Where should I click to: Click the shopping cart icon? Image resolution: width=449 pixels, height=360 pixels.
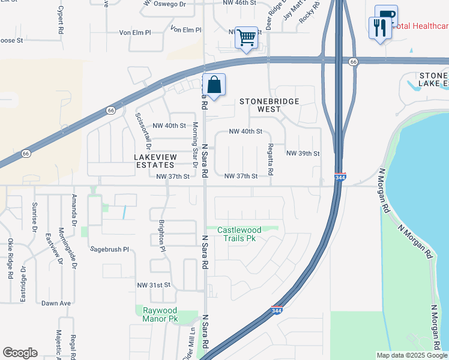(x=246, y=38)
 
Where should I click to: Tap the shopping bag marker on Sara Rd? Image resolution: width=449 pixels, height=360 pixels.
(x=214, y=85)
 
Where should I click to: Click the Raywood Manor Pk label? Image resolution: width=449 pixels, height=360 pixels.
(x=161, y=314)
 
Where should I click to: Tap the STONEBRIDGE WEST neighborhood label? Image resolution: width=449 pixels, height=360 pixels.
(x=270, y=106)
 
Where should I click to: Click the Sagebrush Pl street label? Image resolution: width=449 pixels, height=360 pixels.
(x=109, y=248)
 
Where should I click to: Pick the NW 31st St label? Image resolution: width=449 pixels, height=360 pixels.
(x=154, y=284)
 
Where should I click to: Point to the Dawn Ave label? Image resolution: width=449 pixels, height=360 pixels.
(x=56, y=303)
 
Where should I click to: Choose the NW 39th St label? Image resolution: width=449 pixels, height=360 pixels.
(x=303, y=154)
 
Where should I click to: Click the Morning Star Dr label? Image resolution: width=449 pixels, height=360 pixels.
(x=194, y=145)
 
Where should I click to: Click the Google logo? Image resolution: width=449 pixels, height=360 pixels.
(x=20, y=353)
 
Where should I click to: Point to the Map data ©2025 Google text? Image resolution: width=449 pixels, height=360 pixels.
(x=411, y=355)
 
